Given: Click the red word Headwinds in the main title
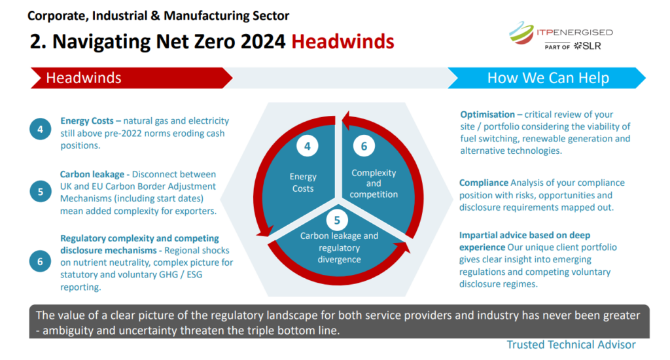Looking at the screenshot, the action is (343, 41).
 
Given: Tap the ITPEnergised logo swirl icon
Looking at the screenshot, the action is (521, 33).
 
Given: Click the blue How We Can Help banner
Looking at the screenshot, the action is (546, 78).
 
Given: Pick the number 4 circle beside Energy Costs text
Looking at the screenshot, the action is (40, 129).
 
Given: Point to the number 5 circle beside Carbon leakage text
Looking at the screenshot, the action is (41, 192).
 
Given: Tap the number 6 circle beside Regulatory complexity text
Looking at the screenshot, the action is (40, 261).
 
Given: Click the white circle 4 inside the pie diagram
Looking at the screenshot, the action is (308, 146).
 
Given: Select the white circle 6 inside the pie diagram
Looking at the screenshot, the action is (364, 146).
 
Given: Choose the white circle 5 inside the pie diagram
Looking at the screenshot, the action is (337, 220).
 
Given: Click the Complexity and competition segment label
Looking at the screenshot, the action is (374, 183).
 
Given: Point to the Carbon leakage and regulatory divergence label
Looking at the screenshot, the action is (339, 247).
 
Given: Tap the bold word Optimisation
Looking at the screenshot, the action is (487, 115).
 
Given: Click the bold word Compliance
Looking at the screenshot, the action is (484, 183).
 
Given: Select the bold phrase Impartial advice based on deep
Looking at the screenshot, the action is (525, 235).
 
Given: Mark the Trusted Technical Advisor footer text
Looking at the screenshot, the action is (571, 344).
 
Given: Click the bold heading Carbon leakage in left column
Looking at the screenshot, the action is (92, 175).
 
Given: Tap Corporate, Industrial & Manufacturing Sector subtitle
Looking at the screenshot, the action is (158, 16).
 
